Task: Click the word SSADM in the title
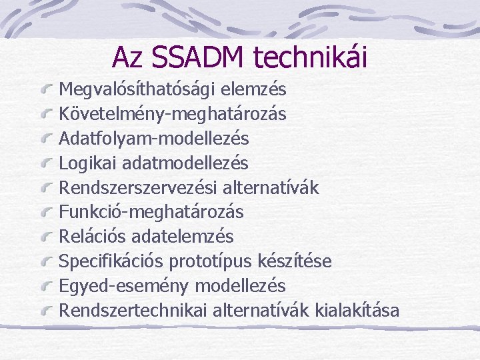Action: [x=199, y=57]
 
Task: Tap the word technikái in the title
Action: [x=310, y=57]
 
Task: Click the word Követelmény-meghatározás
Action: [x=173, y=114]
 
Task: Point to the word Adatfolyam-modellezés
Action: [x=154, y=139]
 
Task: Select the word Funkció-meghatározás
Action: [x=151, y=212]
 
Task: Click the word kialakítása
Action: [x=357, y=310]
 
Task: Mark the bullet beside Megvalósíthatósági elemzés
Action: [x=47, y=90]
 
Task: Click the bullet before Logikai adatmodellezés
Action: [x=47, y=163]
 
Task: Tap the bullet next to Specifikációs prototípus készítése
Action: [x=47, y=261]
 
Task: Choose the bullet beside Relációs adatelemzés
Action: [x=47, y=237]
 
